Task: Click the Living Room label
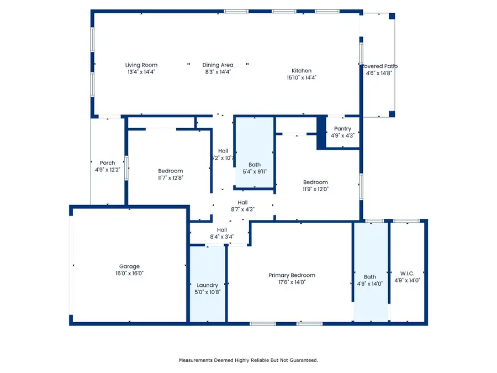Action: click(x=141, y=65)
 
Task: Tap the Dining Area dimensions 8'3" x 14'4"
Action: click(x=218, y=72)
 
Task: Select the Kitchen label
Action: click(x=302, y=71)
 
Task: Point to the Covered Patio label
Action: click(x=379, y=66)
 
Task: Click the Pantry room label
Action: click(x=342, y=129)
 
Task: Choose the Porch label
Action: click(x=107, y=163)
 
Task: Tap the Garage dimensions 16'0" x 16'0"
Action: click(x=130, y=274)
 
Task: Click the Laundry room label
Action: click(x=208, y=285)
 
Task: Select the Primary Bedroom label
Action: click(x=292, y=275)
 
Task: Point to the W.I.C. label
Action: click(x=407, y=273)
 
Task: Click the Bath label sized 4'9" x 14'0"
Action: click(x=369, y=277)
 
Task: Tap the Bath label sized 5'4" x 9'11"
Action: click(x=255, y=165)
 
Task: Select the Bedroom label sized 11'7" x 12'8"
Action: click(x=170, y=171)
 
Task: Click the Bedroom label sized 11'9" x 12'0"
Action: click(x=315, y=182)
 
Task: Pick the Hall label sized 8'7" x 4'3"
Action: click(x=242, y=202)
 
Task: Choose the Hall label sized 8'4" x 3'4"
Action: click(x=221, y=230)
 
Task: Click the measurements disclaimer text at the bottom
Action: click(x=248, y=360)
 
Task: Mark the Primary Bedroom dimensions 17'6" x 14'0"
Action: click(x=292, y=282)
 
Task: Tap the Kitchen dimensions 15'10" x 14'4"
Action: click(x=302, y=78)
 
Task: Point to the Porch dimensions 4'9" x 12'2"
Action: click(x=107, y=170)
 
